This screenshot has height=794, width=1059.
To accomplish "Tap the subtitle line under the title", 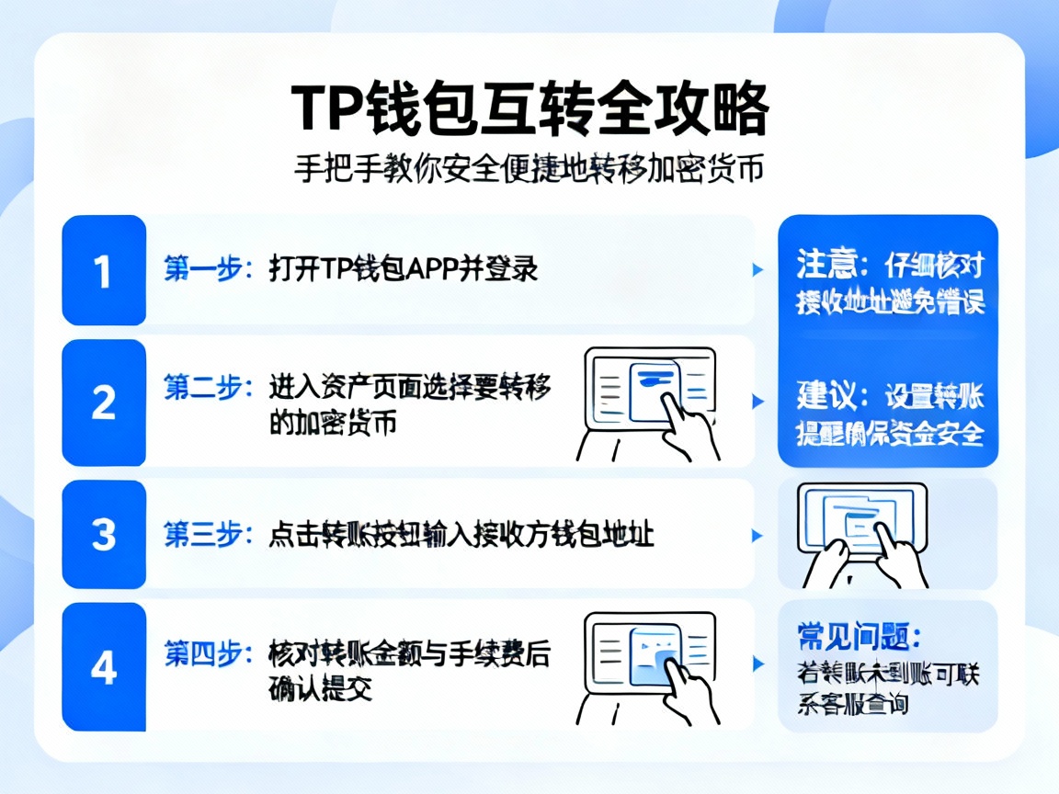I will pyautogui.click(x=529, y=170).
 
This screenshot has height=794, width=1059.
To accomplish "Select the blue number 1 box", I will pyautogui.click(x=104, y=270).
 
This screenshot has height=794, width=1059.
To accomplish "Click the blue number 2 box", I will pyautogui.click(x=104, y=403).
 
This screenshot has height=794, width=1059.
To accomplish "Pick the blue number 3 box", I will pyautogui.click(x=104, y=534).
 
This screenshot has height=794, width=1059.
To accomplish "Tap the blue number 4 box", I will pyautogui.click(x=104, y=667).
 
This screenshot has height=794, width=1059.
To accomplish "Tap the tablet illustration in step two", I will pyautogui.click(x=647, y=403).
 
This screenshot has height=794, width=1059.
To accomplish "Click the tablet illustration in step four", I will pyautogui.click(x=647, y=667).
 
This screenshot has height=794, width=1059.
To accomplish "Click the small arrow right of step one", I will pyautogui.click(x=757, y=270).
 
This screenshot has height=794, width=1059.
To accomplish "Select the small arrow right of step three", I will pyautogui.click(x=757, y=535).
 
